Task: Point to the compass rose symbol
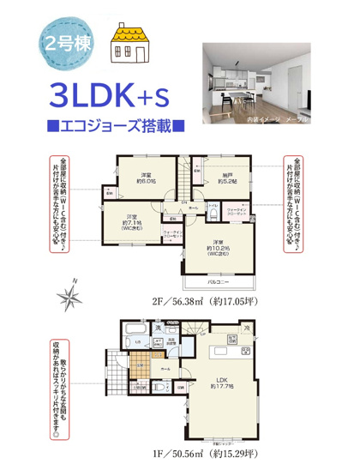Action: pyautogui.click(x=68, y=297)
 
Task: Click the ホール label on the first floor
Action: pyautogui.click(x=165, y=369)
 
